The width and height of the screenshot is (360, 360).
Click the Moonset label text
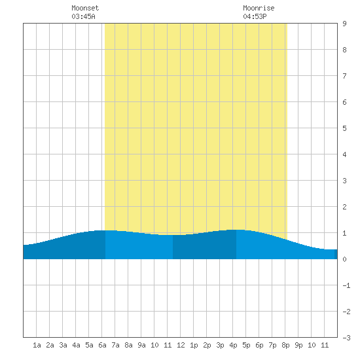click(85, 8)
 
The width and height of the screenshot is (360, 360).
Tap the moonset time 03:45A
click(83, 16)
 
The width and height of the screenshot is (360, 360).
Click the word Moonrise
click(259, 8)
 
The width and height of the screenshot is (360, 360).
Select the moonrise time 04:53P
click(255, 16)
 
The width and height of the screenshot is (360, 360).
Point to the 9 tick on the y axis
click(344, 24)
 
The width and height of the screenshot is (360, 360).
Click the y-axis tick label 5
click(344, 128)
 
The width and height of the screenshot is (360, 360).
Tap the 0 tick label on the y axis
click(344, 259)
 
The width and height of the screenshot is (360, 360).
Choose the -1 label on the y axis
click(346, 285)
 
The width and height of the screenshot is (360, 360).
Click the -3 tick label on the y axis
click(346, 338)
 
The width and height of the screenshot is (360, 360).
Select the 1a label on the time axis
click(37, 345)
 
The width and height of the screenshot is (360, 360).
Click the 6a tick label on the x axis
click(102, 345)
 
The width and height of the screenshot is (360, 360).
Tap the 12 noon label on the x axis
click(181, 345)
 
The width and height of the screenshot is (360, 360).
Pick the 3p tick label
click(220, 345)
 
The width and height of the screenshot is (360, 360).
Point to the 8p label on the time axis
click(285, 345)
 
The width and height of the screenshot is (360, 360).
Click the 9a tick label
click(141, 345)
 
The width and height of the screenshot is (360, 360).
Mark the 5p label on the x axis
click(246, 345)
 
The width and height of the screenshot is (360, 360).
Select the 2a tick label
click(50, 345)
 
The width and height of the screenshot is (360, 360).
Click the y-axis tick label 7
click(344, 76)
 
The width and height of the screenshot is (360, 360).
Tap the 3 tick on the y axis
click(344, 181)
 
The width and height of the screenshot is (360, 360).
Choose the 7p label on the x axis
click(272, 345)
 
